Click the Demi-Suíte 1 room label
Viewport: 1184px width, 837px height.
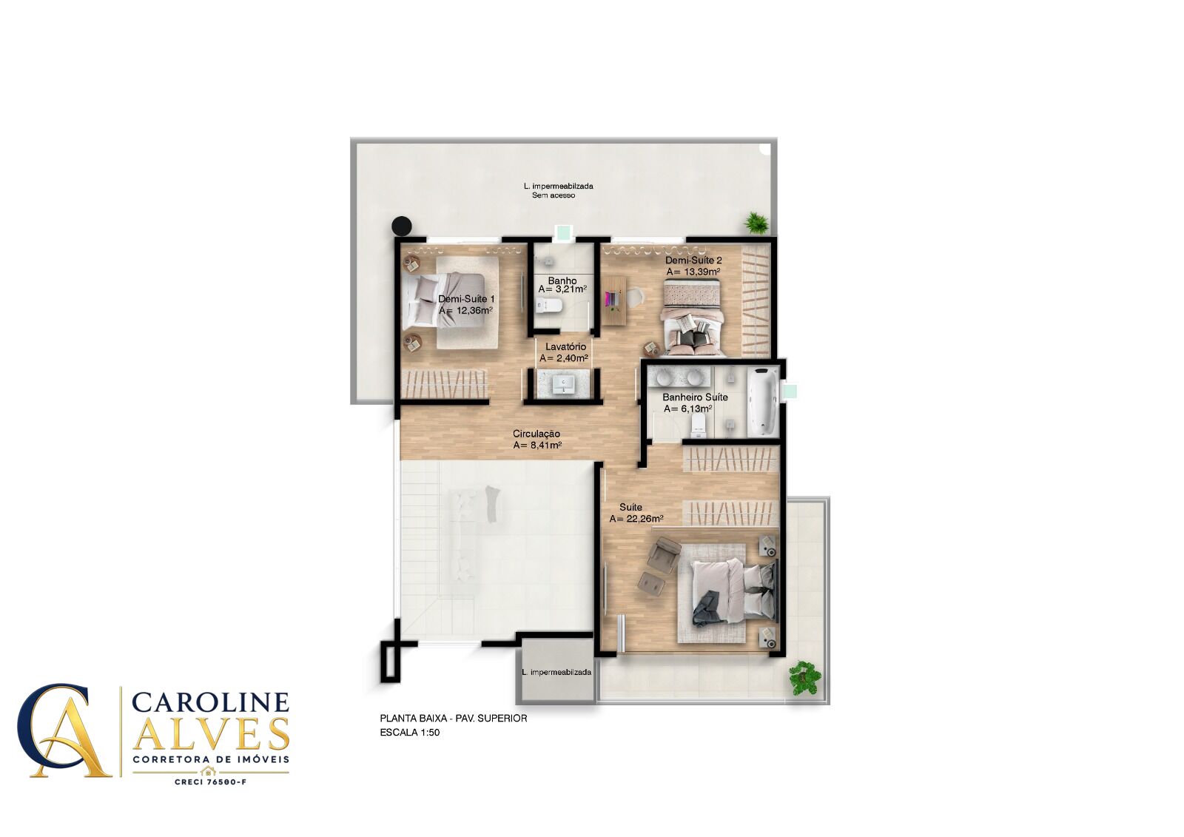tap(466, 299)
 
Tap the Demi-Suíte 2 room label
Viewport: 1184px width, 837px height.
tap(693, 260)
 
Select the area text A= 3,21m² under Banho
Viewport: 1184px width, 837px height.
tap(562, 290)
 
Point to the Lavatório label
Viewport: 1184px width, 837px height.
tap(565, 347)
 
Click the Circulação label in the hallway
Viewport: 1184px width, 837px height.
tap(536, 434)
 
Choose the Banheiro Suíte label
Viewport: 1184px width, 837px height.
tap(695, 397)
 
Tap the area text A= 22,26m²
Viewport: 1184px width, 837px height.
tap(636, 520)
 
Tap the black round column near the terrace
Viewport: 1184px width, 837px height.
tap(401, 226)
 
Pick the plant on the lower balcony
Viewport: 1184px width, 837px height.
tap(804, 678)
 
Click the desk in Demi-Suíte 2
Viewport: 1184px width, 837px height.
tap(614, 301)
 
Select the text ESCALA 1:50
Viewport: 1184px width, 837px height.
tap(410, 733)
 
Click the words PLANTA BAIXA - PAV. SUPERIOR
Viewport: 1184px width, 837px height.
tap(454, 719)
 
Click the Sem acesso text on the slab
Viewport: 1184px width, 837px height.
tap(554, 195)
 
